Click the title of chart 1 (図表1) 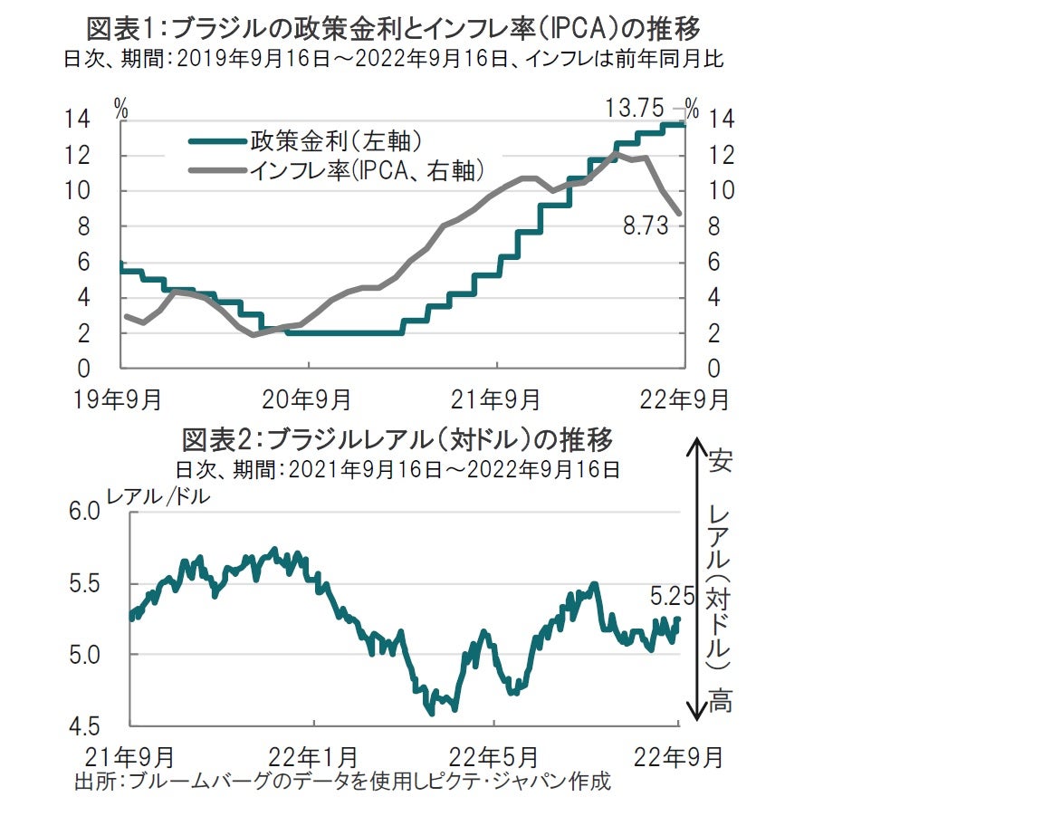(x=393, y=26)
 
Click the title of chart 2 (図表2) (x=398, y=440)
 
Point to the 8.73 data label (x=646, y=226)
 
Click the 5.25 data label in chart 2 (x=672, y=596)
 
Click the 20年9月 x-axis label (x=309, y=398)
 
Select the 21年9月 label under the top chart (x=497, y=398)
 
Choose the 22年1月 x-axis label (x=314, y=756)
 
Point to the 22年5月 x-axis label (x=494, y=756)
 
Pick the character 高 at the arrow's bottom (x=720, y=701)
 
